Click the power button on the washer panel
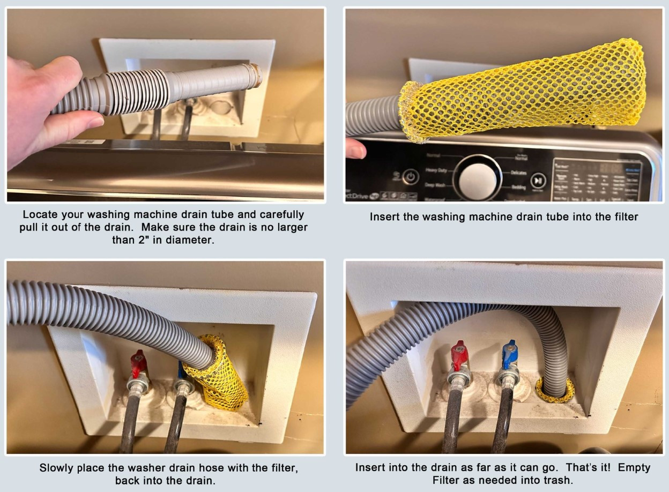pyautogui.click(x=411, y=176)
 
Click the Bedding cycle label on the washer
pyautogui.click(x=518, y=188)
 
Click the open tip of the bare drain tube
pyautogui.click(x=257, y=75)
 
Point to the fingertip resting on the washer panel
pyautogui.click(x=355, y=148)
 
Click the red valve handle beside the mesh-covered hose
pyautogui.click(x=139, y=363)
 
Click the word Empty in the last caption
pyautogui.click(x=634, y=468)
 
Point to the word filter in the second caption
pyautogui.click(x=623, y=217)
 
